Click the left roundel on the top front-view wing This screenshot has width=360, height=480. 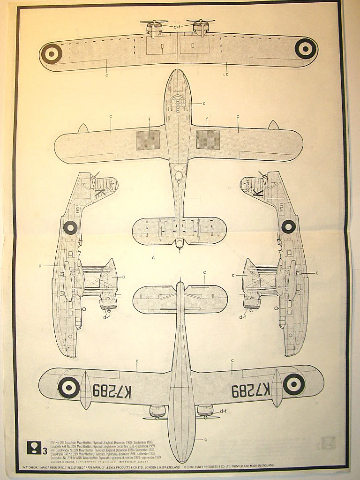tap(51, 54)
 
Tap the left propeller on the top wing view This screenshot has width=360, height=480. tap(154, 22)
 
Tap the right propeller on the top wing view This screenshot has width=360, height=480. tap(201, 21)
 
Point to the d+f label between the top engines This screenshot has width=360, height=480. tap(177, 27)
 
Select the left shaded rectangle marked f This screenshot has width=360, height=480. tap(148, 140)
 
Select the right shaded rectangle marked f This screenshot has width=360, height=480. tap(208, 140)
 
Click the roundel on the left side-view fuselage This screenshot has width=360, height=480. tap(70, 228)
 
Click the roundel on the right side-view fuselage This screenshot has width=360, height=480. tap(288, 227)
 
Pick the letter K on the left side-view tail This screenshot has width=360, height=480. tap(99, 193)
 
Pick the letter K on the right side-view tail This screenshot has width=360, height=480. tap(258, 193)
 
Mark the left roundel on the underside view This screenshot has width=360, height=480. tap(69, 388)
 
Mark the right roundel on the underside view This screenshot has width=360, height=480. tap(294, 384)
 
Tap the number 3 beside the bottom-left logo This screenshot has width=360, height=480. tap(44, 452)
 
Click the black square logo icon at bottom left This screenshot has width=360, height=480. tap(33, 448)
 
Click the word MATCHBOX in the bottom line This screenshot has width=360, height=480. tap(33, 467)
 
